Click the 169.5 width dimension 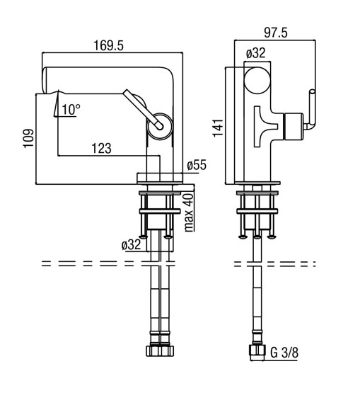point(108,46)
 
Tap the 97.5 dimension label point(276,33)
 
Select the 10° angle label point(71,110)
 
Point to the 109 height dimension point(28,138)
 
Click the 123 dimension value point(101,149)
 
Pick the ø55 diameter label point(197,165)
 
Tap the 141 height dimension point(218,128)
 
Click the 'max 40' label point(189,212)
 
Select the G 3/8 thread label point(284,353)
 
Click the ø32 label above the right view point(255,53)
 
